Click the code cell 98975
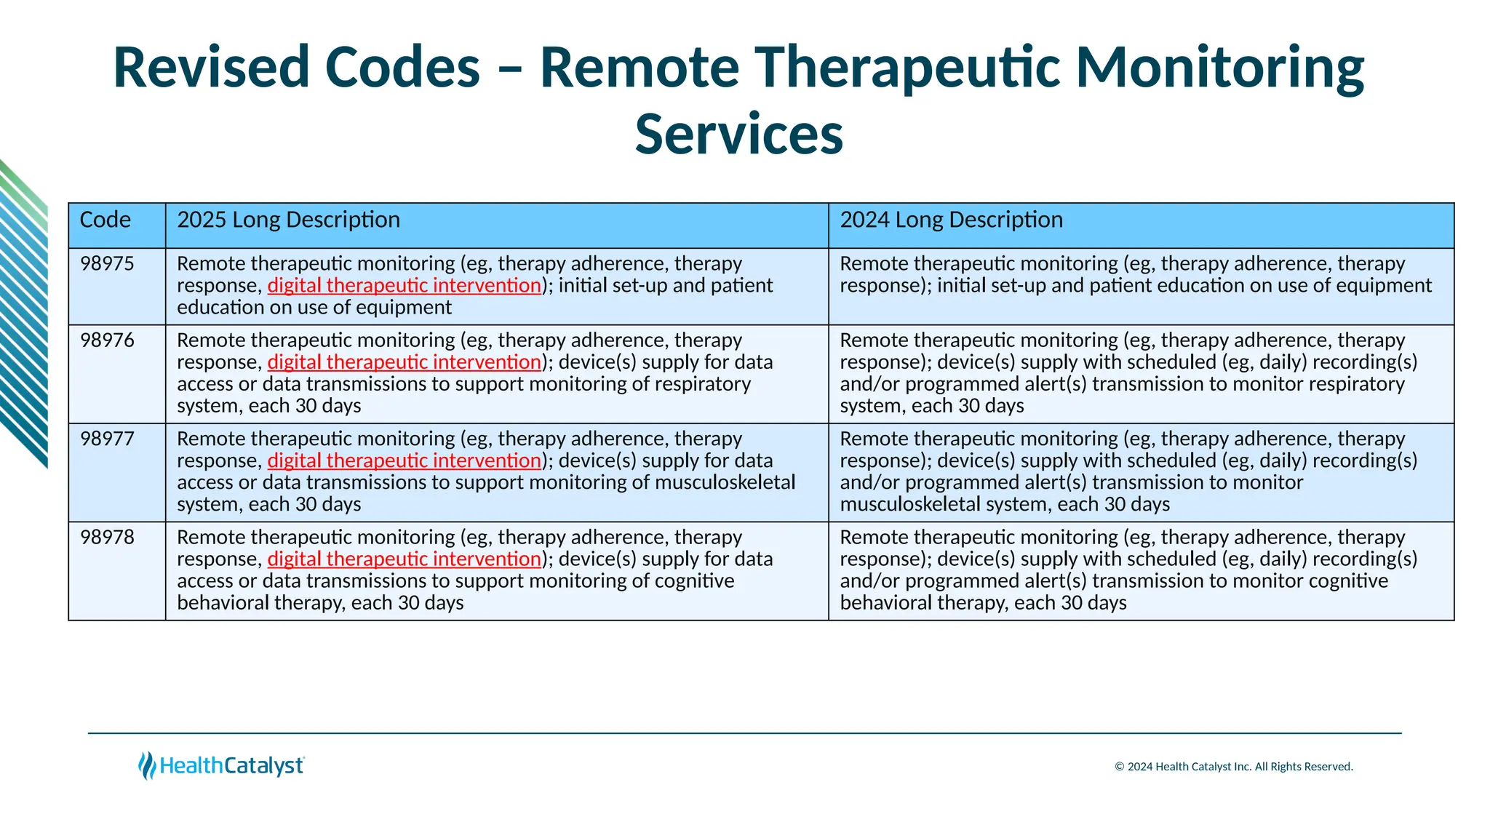coord(107,263)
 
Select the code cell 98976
coord(107,340)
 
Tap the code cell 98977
coord(107,439)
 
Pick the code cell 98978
coord(107,537)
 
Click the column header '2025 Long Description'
coord(288,220)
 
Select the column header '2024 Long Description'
coord(951,220)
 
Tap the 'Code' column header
coord(105,220)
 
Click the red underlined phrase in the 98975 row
coord(404,285)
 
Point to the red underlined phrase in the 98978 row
coord(404,559)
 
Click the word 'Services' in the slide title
coord(738,135)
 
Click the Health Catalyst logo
coord(221,766)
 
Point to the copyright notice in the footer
coord(1233,767)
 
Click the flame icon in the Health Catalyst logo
coord(147,766)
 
